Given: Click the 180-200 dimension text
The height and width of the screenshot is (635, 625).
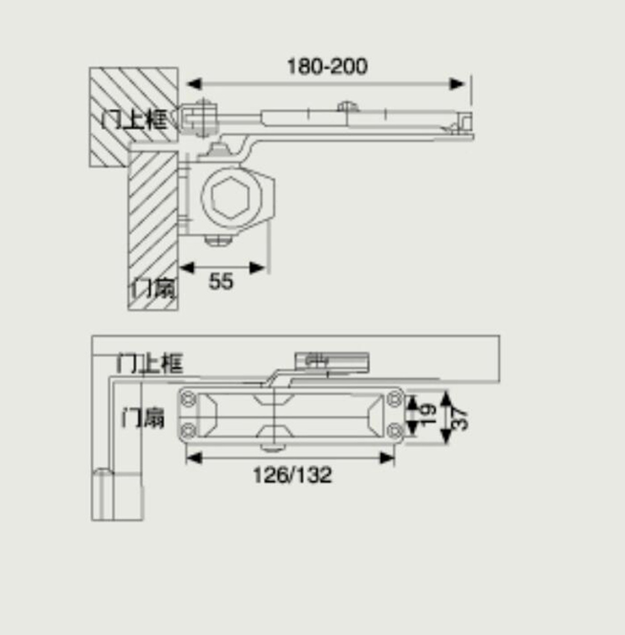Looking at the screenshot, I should tap(327, 67).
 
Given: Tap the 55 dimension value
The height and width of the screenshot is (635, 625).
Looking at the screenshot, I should tap(221, 282).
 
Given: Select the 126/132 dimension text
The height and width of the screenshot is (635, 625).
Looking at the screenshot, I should tap(292, 475).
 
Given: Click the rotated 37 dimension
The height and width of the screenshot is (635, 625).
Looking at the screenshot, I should tap(460, 418).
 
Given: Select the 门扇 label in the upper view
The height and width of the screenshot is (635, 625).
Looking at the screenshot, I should tap(154, 288).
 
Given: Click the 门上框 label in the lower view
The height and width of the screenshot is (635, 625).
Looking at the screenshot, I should tap(150, 363).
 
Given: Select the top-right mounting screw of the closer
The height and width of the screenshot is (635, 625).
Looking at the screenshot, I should tap(395, 399).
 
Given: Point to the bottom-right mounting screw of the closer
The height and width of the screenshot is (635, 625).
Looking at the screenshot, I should tap(395, 431).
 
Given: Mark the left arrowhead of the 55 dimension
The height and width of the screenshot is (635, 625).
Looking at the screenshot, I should tap(186, 268).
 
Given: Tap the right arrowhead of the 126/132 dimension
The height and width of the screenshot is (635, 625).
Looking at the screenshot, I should tap(387, 458).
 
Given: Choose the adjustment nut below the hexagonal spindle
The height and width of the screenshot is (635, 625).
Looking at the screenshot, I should tap(218, 240).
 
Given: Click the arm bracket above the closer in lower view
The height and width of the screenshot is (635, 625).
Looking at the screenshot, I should tap(332, 362).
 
